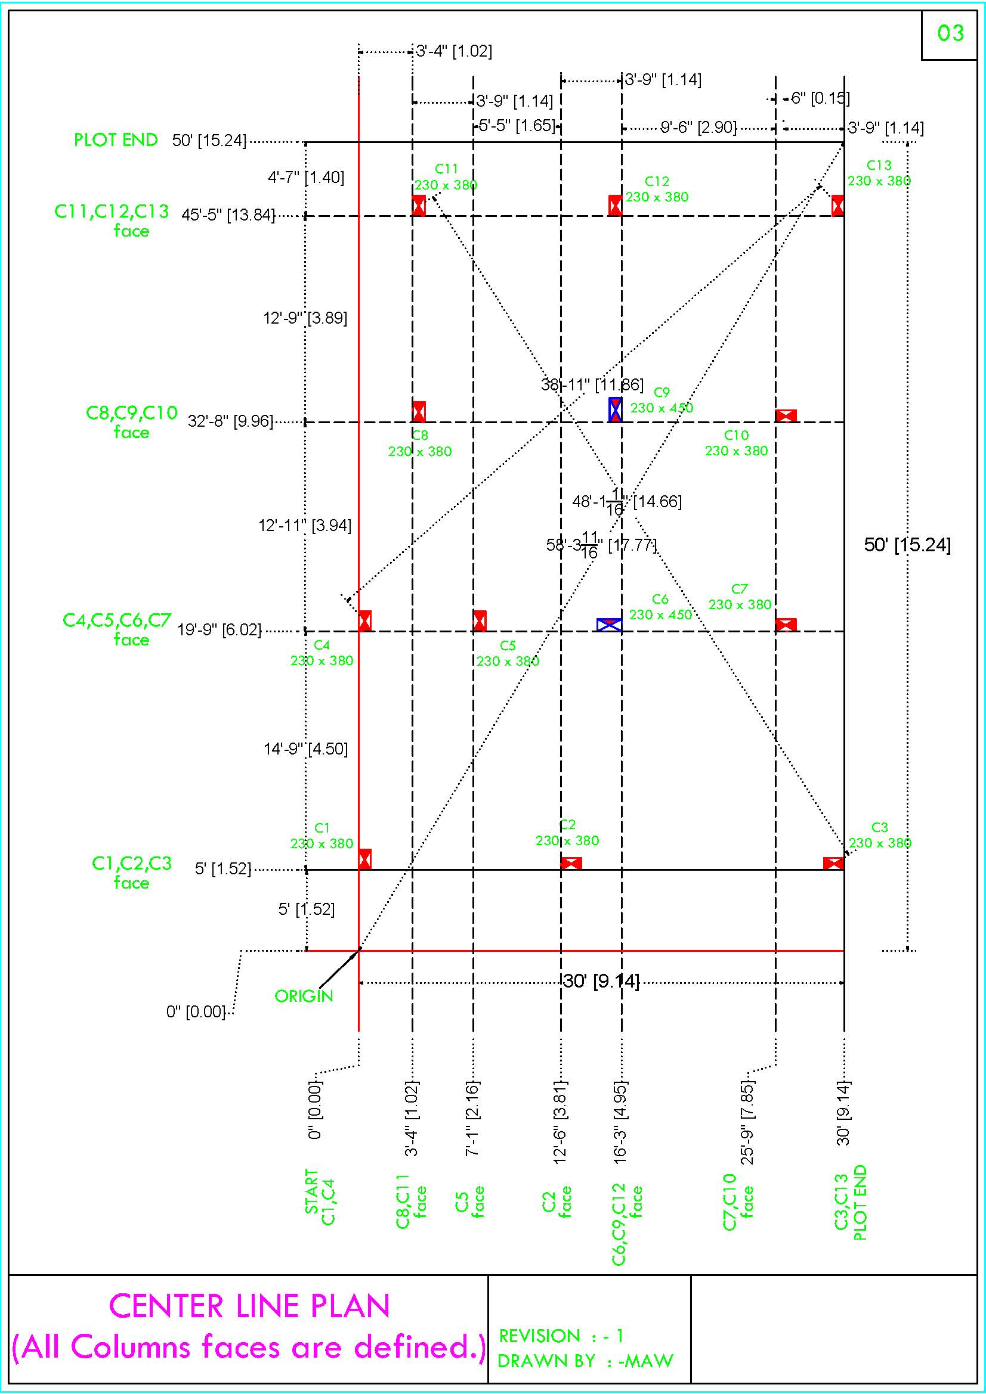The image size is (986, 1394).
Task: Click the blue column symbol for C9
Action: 616,409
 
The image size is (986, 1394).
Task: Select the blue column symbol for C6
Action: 609,625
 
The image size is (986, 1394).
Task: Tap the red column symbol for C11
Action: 419,206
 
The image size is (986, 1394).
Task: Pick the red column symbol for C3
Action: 833,863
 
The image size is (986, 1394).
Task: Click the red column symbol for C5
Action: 480,620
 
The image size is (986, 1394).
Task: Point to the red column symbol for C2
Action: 571,863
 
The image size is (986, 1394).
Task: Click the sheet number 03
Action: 951,33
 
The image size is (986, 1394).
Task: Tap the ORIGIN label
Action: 304,996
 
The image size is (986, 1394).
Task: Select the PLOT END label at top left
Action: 116,139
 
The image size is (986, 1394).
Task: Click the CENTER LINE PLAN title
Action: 249,1306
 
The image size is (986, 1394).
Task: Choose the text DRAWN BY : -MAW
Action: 585,1361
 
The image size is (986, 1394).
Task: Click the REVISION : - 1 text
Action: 561,1336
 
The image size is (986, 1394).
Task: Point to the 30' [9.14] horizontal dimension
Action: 601,981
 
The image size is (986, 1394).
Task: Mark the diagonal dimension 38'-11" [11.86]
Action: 592,384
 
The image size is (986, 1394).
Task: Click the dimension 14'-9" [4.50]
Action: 305,749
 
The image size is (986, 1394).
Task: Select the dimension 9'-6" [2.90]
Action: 698,128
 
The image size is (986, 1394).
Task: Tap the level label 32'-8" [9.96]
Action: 230,421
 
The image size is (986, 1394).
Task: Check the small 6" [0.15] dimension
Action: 820,98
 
